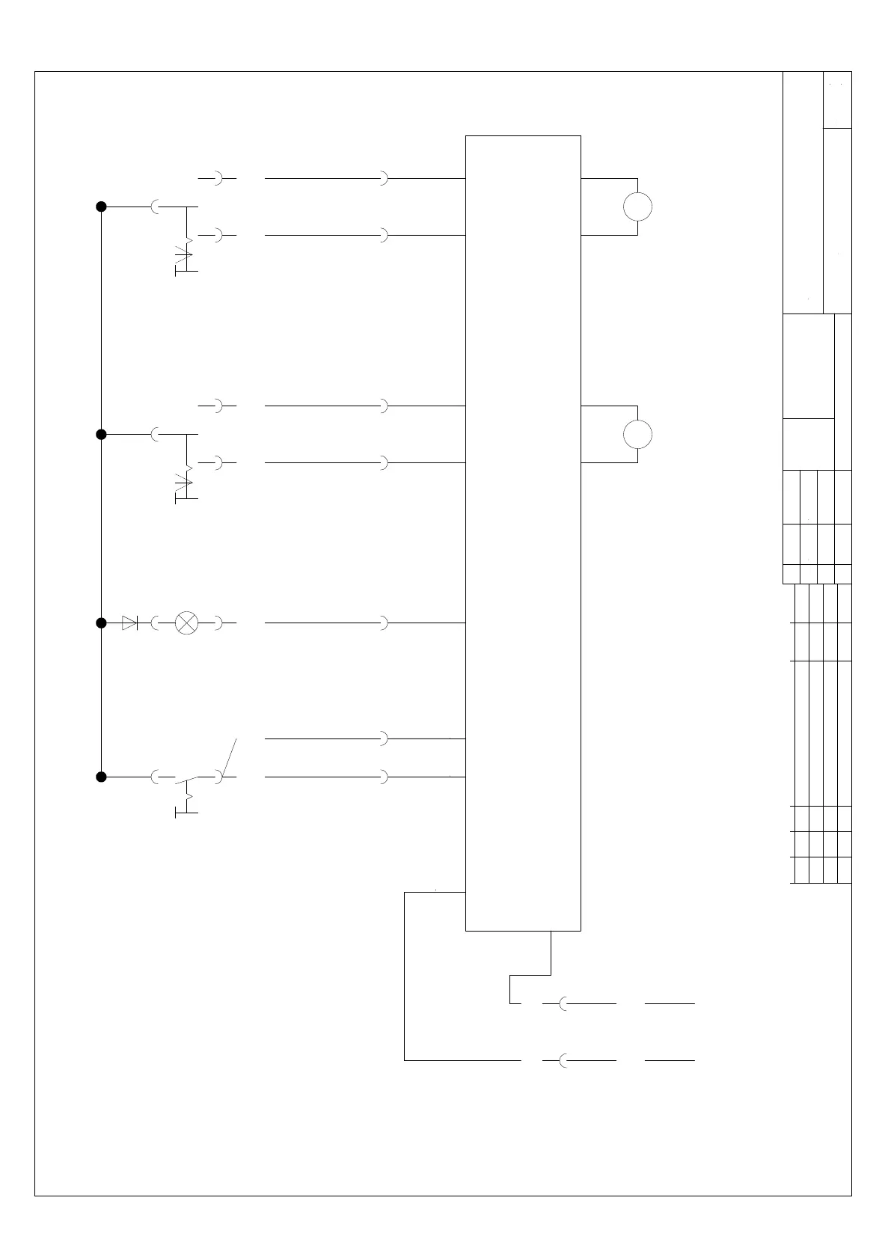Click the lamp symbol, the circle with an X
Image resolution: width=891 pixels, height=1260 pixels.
[x=186, y=623]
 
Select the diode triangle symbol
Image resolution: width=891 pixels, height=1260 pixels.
[x=129, y=623]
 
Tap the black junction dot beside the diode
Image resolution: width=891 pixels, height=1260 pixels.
[x=101, y=623]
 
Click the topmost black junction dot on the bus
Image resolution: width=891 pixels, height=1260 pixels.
[x=101, y=207]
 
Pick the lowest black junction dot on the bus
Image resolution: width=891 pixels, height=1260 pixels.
[x=101, y=777]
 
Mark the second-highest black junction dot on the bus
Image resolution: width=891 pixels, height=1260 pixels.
[x=101, y=434]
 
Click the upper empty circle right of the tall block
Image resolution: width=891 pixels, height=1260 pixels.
[x=637, y=207]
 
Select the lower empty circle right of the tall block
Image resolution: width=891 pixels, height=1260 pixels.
[x=637, y=434]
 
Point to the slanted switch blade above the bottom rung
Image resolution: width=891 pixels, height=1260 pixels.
[x=230, y=756]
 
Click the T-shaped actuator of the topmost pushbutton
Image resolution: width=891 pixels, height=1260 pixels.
[x=186, y=270]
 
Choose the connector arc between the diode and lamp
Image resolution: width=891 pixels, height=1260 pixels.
[x=154, y=623]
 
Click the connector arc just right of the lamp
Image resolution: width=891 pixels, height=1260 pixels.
[x=218, y=623]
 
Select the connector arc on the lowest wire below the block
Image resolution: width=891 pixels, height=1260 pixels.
[x=562, y=1060]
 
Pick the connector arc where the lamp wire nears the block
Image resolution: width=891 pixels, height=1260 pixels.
[x=383, y=623]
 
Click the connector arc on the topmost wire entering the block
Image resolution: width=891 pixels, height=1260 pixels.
[x=383, y=179]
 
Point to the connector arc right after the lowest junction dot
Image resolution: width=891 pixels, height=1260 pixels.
[x=154, y=777]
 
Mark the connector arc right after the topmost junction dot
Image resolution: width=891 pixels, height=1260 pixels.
[x=154, y=207]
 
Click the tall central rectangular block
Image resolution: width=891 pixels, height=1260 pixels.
[x=523, y=533]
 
